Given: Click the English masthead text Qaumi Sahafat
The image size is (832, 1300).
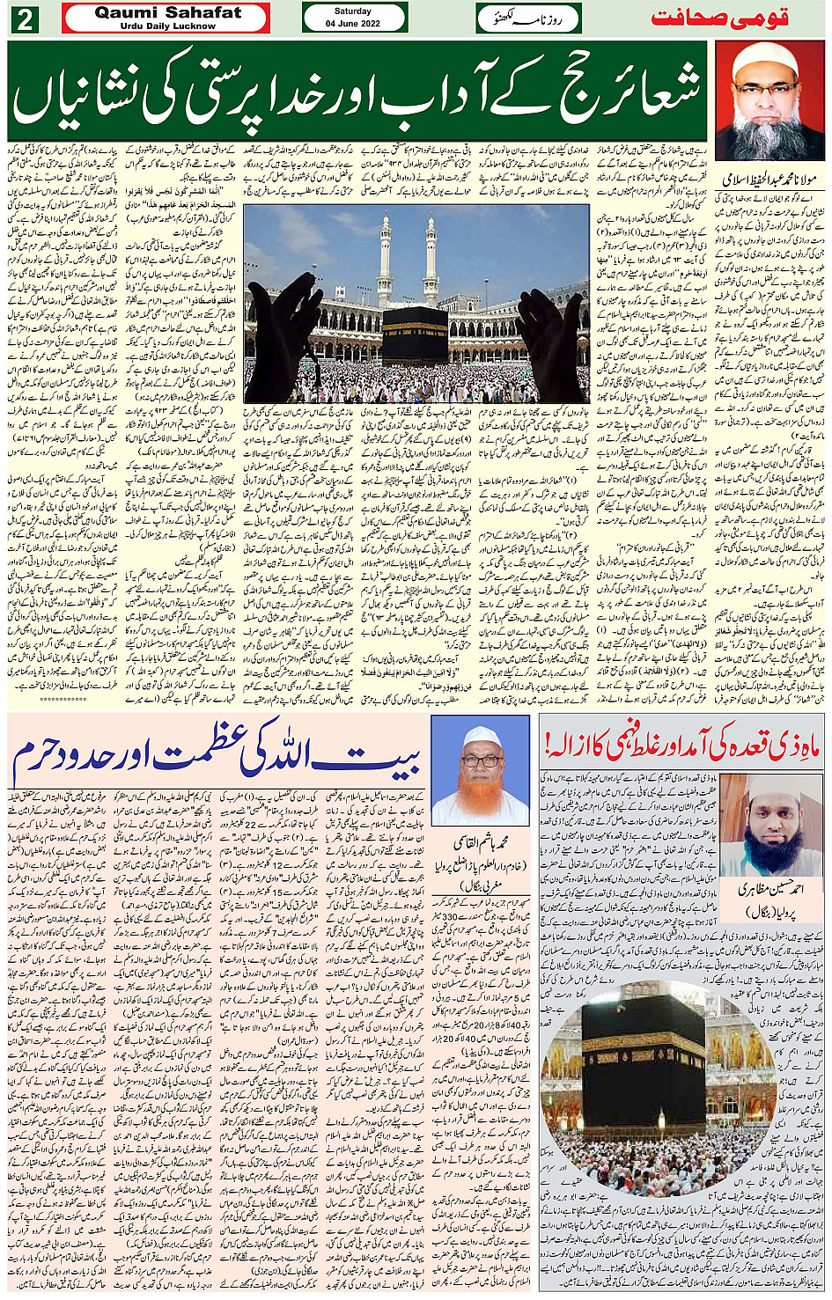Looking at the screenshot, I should [167, 12].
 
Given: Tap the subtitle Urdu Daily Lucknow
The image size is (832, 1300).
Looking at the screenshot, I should [167, 26].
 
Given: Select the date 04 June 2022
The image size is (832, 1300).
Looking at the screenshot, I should [353, 24].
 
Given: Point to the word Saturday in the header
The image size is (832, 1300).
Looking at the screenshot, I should [353, 11].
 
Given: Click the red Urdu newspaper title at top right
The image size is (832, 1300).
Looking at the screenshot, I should [718, 18].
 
